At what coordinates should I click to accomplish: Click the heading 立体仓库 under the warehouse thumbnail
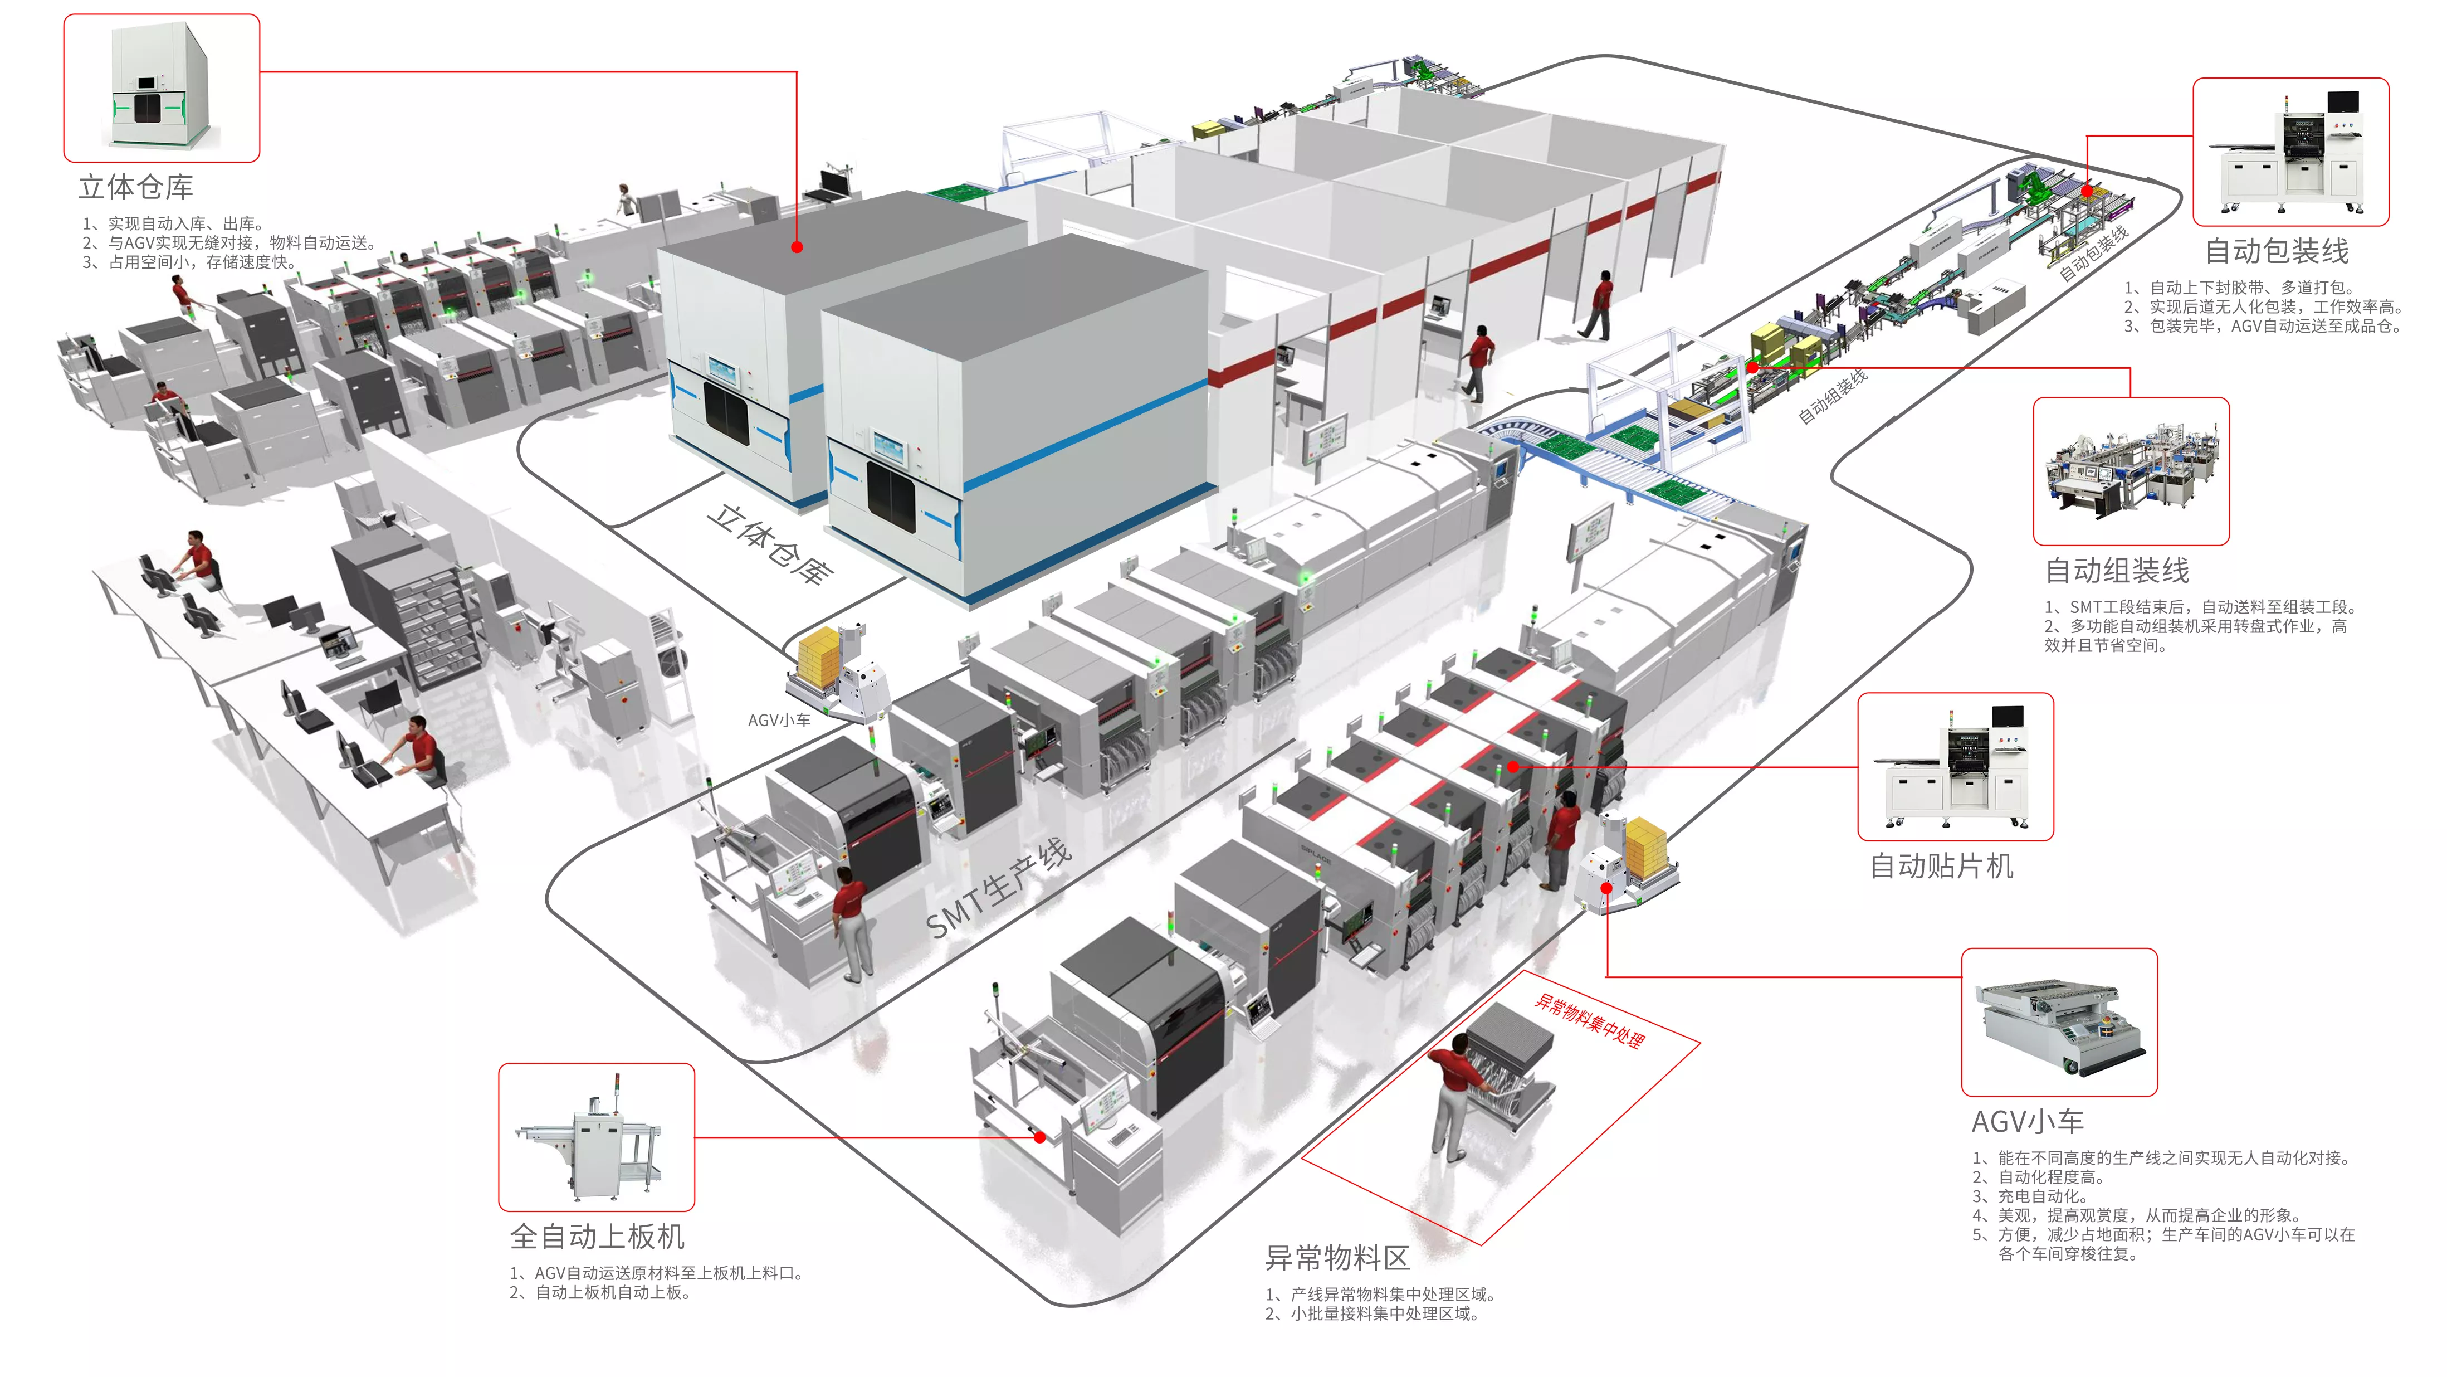tap(136, 187)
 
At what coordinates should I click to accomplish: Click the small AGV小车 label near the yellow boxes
tap(779, 721)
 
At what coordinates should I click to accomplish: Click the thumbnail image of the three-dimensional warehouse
tap(162, 87)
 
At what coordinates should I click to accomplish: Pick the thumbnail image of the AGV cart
tap(2059, 1023)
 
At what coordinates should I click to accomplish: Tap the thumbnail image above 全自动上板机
tap(597, 1137)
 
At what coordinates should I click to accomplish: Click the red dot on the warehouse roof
tap(797, 247)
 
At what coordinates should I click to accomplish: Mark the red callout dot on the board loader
tap(1040, 1137)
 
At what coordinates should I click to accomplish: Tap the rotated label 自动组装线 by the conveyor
tap(1833, 395)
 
